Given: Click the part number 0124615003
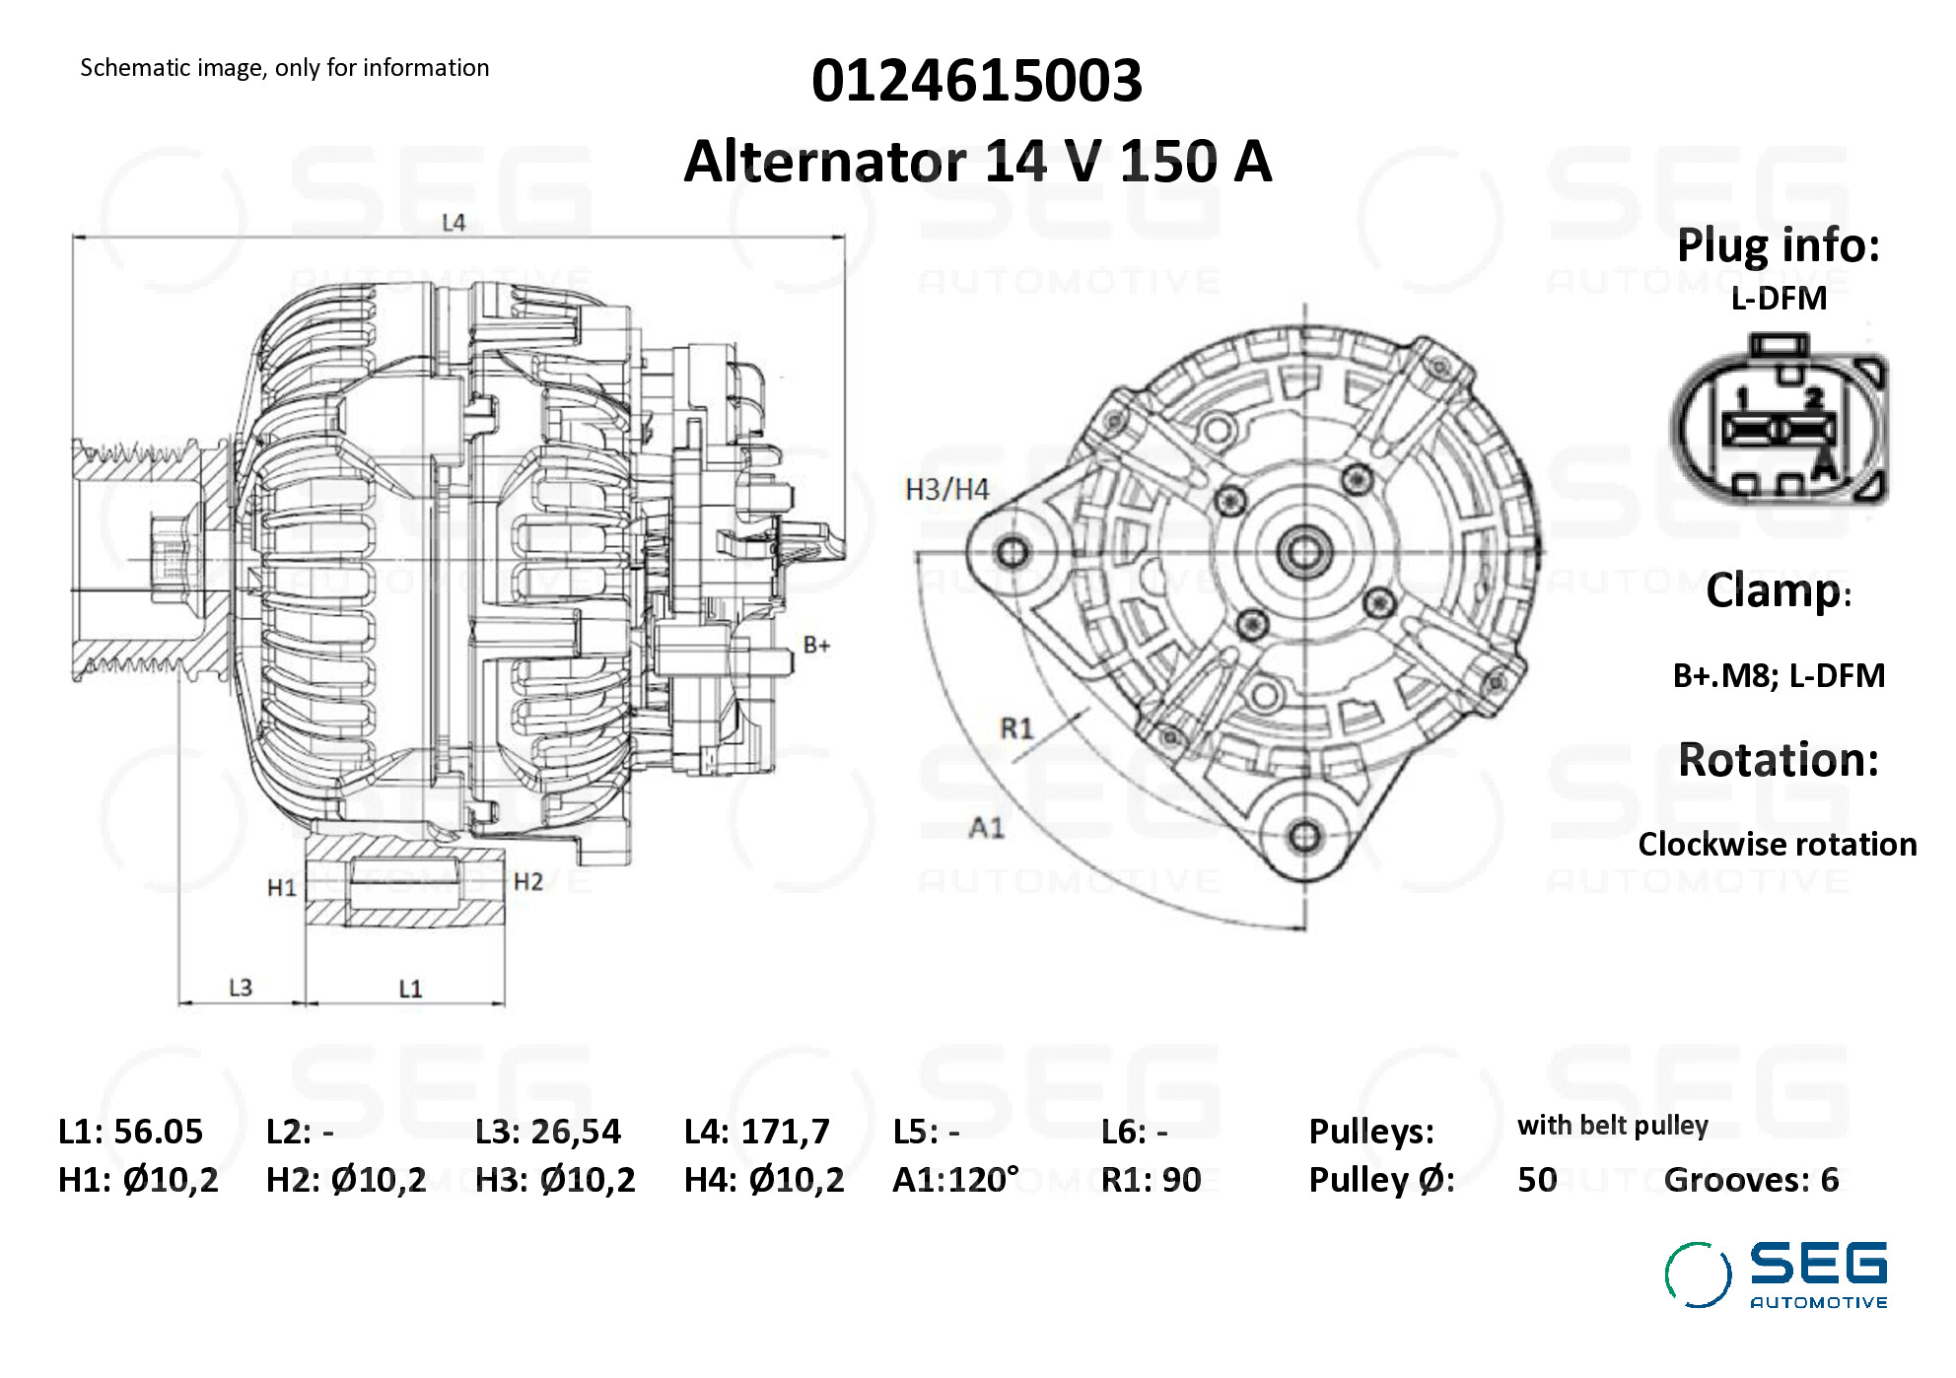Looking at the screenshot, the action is [977, 81].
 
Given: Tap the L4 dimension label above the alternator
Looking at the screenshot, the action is [454, 223].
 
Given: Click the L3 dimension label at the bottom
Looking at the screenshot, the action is [241, 988].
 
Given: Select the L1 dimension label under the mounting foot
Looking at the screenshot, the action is [410, 989].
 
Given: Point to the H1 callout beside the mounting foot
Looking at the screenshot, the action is [282, 888].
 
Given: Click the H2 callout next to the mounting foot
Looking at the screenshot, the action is [528, 881].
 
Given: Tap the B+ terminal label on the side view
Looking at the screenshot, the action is [816, 646].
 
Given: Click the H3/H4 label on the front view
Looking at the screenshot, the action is [947, 490].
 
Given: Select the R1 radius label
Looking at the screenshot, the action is [1016, 728].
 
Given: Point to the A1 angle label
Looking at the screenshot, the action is [987, 827].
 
